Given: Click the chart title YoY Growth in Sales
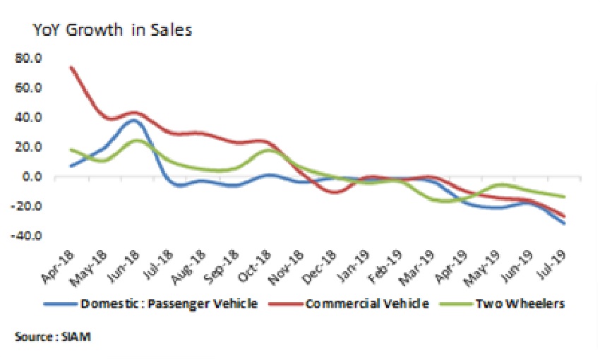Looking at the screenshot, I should pyautogui.click(x=112, y=30).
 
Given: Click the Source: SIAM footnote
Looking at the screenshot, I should pyautogui.click(x=53, y=337).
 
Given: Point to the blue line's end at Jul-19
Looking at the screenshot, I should pyautogui.click(x=564, y=223).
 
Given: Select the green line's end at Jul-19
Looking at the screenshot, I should pyautogui.click(x=564, y=197).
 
